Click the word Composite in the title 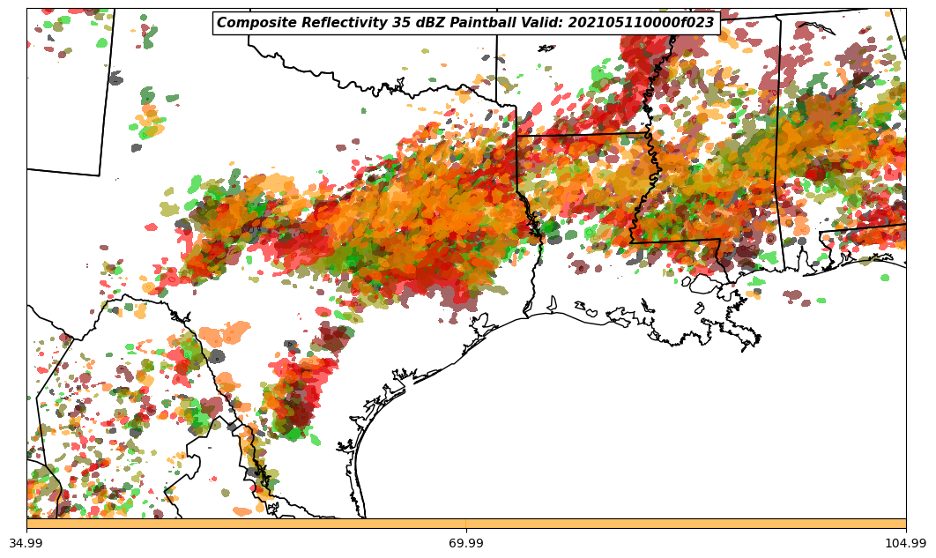pyautogui.click(x=250, y=23)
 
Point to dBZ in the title pyautogui.click(x=419, y=23)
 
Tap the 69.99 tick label pyautogui.click(x=466, y=543)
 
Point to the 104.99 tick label pyautogui.click(x=905, y=543)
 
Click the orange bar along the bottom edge pyautogui.click(x=466, y=524)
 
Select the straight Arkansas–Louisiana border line pyautogui.click(x=582, y=135)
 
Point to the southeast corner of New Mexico pyautogui.click(x=99, y=175)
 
